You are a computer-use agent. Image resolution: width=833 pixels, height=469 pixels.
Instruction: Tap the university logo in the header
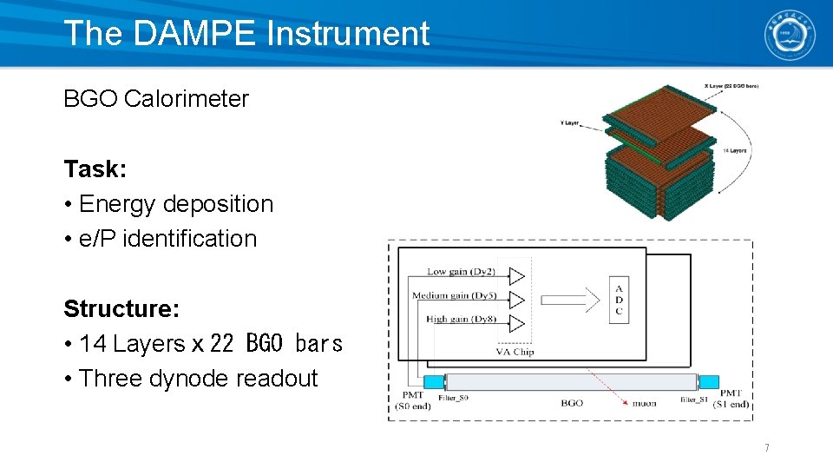(789, 35)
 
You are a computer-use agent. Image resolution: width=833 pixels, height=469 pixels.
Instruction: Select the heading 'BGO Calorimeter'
(156, 99)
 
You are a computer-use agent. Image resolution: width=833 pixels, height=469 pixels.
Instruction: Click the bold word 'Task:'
(95, 168)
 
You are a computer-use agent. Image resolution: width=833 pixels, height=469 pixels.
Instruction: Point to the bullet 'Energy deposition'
(175, 204)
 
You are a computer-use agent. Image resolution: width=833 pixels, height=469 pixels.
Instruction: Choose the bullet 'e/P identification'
(167, 239)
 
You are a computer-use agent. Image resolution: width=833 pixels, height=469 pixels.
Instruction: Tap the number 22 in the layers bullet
(221, 344)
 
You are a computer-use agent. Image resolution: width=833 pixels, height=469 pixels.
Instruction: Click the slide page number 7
(766, 448)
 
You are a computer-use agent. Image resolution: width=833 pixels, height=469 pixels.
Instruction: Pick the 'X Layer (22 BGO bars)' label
(730, 85)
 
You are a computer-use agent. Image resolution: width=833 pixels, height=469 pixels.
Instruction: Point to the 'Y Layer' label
(569, 123)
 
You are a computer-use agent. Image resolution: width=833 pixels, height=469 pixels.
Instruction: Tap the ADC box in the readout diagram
(618, 301)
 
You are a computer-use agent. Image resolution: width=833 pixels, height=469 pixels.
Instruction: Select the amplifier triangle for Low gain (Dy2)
(517, 276)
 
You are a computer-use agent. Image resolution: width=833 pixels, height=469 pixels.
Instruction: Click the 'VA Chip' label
(515, 352)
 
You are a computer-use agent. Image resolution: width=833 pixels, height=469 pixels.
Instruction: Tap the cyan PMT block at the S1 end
(709, 381)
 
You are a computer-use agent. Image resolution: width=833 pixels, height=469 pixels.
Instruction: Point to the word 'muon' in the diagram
(643, 403)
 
